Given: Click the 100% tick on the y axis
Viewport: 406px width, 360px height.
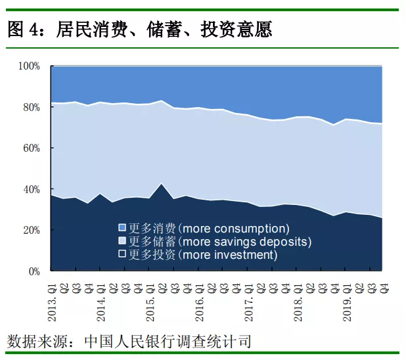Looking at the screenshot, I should pyautogui.click(x=30, y=66).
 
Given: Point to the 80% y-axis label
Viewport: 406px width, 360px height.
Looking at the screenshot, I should pyautogui.click(x=32, y=107).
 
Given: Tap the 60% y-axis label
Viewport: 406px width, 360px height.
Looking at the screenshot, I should pyautogui.click(x=32, y=148).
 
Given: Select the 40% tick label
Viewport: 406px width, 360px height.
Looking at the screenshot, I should pyautogui.click(x=32, y=189).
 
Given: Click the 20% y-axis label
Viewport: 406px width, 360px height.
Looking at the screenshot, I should pyautogui.click(x=32, y=230).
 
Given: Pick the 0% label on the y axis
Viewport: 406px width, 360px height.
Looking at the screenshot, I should pyautogui.click(x=34, y=271).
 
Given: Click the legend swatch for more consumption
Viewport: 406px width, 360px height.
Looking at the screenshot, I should pyautogui.click(x=122, y=228).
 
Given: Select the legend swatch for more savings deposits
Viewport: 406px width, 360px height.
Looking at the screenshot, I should pyautogui.click(x=122, y=241).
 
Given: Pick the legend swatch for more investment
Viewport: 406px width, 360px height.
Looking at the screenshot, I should pyautogui.click(x=122, y=254).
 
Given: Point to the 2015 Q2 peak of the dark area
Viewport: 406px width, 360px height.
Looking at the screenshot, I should pyautogui.click(x=162, y=184).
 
